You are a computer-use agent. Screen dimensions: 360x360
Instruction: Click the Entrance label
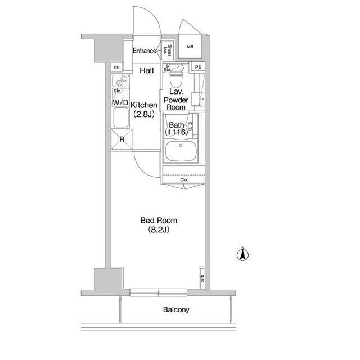145,51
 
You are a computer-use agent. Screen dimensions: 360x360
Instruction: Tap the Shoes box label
168,51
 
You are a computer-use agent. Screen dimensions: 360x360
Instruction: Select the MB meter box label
190,47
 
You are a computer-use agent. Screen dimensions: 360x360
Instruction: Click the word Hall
147,70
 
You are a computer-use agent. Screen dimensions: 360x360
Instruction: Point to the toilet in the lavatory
176,76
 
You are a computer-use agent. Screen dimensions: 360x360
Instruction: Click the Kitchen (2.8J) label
144,110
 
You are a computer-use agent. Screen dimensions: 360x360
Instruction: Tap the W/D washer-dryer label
120,102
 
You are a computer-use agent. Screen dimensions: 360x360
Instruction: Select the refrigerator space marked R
122,139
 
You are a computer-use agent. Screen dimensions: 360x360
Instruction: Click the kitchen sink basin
121,117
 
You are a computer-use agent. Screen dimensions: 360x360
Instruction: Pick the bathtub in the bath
181,151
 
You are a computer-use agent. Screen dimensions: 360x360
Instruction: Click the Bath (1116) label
176,129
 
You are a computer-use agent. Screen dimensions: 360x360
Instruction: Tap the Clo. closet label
184,180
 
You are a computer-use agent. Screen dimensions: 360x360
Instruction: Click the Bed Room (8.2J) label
159,225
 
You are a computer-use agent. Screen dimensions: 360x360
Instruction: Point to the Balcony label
176,309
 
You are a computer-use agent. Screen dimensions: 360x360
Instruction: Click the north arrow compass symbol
242,254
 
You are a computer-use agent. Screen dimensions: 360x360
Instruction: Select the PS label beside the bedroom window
202,278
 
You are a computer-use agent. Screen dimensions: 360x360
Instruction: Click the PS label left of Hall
116,67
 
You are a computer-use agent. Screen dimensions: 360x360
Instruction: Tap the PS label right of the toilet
198,67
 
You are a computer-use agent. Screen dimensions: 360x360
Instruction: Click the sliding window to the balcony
158,292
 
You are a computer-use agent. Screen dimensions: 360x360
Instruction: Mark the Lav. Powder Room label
176,100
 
